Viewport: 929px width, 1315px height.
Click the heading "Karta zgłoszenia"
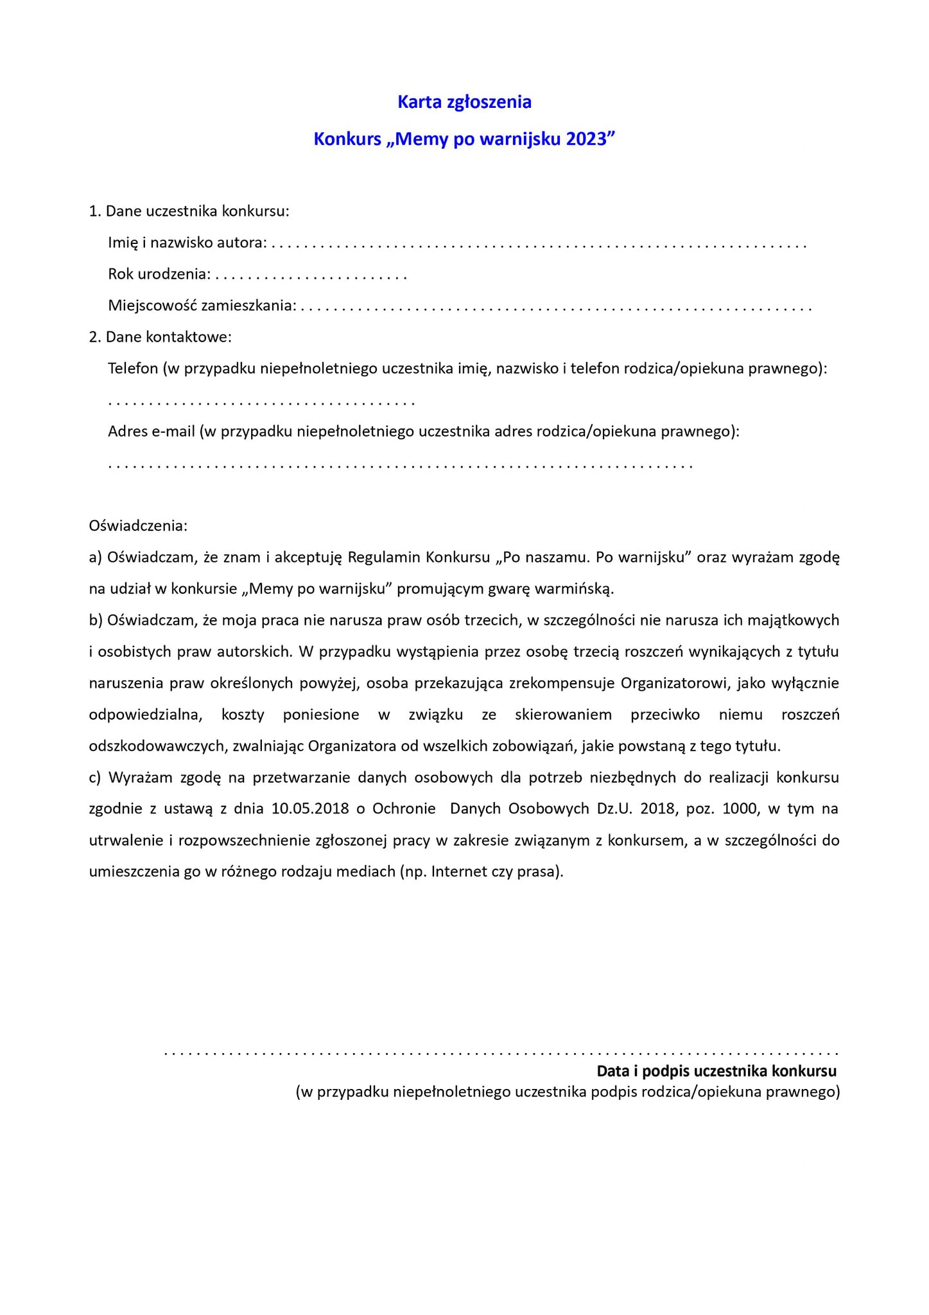(464, 102)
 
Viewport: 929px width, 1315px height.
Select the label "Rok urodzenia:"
(159, 274)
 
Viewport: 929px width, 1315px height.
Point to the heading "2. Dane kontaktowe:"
(160, 336)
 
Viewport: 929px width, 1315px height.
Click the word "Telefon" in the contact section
(133, 369)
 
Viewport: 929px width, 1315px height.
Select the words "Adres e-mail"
(151, 431)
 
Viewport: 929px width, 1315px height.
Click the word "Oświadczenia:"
(138, 526)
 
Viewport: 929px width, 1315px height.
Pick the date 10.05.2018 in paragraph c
(310, 808)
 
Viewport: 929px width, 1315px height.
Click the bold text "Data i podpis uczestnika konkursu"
(716, 1071)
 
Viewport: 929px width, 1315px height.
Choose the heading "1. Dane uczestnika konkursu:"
(189, 211)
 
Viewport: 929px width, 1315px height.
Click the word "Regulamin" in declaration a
(384, 557)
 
